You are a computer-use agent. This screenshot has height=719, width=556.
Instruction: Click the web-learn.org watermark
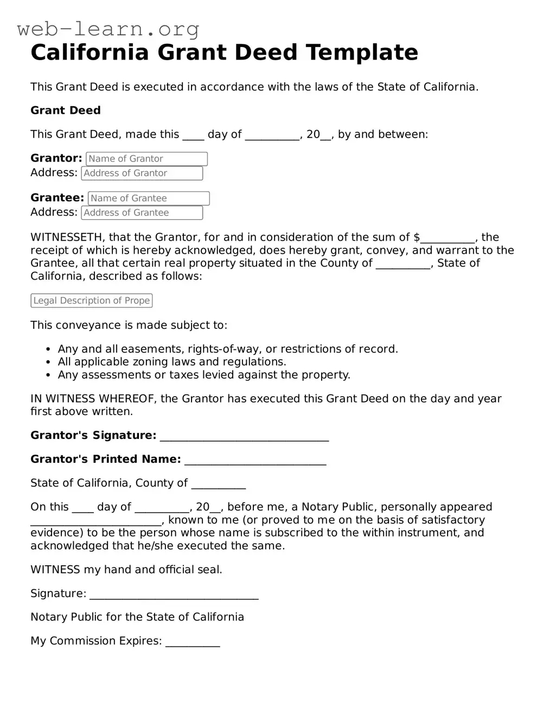pos(108,29)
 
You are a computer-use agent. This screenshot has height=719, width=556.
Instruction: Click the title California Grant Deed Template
pos(224,53)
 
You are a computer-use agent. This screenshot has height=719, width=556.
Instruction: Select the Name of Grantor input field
pos(146,159)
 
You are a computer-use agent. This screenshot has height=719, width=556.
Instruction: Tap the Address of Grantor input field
pos(142,173)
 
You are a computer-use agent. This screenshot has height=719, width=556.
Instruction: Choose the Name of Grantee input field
pos(148,198)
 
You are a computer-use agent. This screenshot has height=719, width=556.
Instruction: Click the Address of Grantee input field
pos(142,213)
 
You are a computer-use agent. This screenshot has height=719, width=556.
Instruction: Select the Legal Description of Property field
pos(91,301)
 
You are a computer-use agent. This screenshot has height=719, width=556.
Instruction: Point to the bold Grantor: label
pos(56,158)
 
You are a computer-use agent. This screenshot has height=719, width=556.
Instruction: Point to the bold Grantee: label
pos(57,198)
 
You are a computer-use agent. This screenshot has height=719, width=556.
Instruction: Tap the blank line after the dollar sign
pos(448,238)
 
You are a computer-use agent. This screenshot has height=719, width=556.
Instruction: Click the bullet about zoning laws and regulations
pos(171,362)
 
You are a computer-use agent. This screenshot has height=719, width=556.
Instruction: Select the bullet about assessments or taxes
pos(203,375)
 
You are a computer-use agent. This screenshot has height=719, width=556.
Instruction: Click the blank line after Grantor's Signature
pos(244,437)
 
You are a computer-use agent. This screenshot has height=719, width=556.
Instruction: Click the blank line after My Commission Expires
pos(193,643)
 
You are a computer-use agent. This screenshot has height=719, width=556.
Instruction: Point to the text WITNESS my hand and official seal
pos(126,569)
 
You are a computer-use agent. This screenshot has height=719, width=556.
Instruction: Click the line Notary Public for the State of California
pos(137,617)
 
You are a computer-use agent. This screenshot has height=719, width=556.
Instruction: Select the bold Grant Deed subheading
pos(66,111)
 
